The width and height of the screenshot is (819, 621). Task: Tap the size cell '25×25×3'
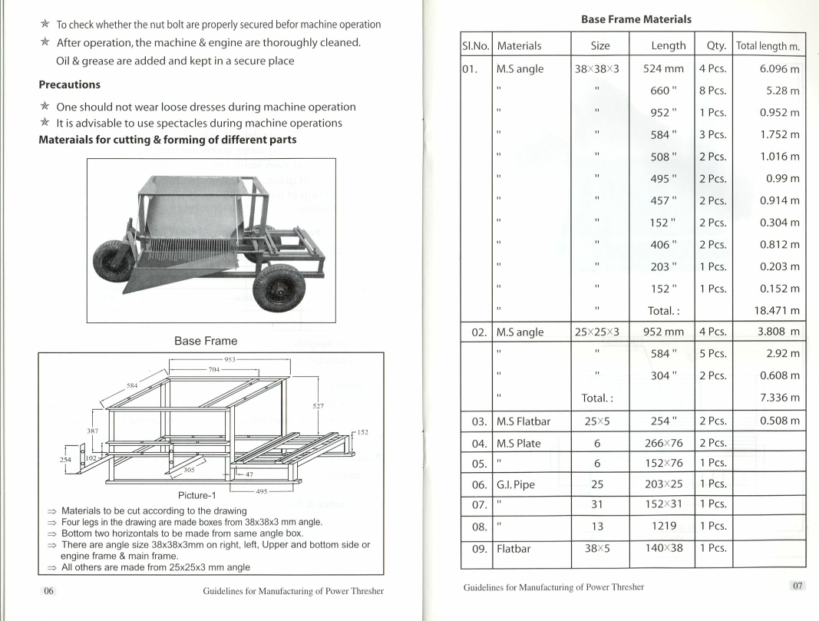click(601, 332)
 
